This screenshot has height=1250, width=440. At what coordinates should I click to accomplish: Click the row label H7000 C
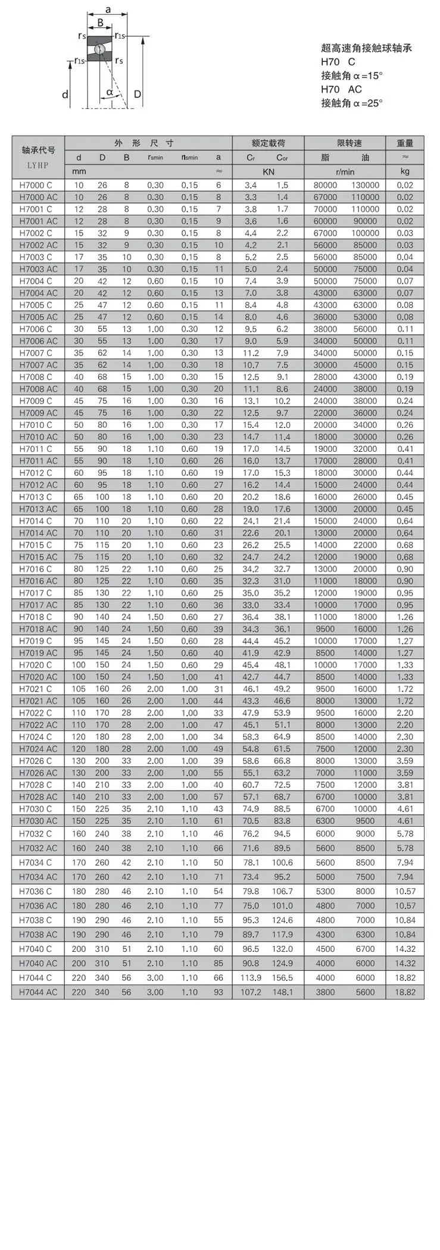tap(36, 185)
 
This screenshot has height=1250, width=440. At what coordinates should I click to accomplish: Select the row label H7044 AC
tap(38, 992)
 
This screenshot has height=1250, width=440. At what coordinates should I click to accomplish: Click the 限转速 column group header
tap(349, 143)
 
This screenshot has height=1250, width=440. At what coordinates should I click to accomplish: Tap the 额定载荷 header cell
tap(268, 143)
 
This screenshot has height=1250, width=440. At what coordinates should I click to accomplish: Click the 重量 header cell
tap(405, 143)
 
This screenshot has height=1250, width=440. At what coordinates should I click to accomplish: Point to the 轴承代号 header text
tap(38, 150)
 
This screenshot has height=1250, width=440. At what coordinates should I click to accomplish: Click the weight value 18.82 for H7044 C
tap(405, 978)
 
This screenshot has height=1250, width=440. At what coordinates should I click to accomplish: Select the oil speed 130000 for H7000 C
tap(365, 185)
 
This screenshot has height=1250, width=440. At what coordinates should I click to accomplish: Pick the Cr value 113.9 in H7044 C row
tap(251, 978)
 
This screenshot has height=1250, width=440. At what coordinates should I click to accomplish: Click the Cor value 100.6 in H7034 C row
tap(282, 862)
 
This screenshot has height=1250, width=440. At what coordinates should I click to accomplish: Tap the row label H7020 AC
tap(38, 677)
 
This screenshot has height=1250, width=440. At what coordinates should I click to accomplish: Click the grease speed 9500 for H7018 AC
tap(325, 629)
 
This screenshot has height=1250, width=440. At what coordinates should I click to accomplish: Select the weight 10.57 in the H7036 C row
tap(405, 892)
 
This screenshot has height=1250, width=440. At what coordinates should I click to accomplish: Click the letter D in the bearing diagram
tap(138, 94)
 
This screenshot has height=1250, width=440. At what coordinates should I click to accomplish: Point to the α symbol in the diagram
tap(110, 92)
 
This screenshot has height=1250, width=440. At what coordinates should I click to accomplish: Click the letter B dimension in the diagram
tap(101, 23)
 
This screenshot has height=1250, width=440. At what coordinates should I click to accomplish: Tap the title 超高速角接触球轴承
tap(366, 48)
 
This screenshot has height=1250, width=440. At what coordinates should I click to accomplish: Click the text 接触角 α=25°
tap(351, 103)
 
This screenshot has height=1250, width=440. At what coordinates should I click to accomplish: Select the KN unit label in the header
tap(268, 171)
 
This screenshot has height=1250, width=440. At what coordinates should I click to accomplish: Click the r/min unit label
tap(345, 171)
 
